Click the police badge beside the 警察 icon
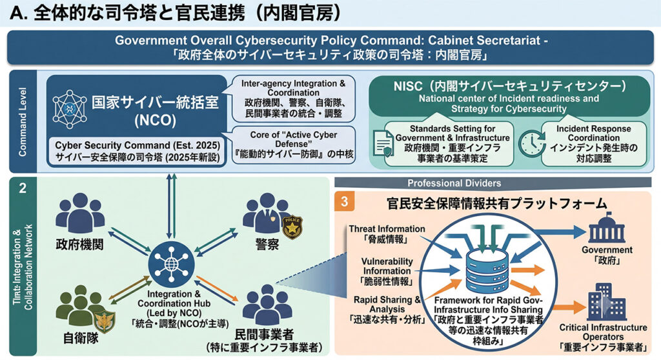[292, 227]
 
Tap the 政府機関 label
[79, 245]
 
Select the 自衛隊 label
[81, 339]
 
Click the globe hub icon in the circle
[171, 264]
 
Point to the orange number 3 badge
[345, 202]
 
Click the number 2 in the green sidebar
[23, 188]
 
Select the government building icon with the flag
[607, 228]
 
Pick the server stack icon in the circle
[487, 269]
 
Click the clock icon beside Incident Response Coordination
[531, 143]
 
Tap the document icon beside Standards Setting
[383, 143]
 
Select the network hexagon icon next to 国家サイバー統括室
[70, 109]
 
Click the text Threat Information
[387, 229]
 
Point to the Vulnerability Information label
[387, 266]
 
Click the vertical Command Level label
[23, 122]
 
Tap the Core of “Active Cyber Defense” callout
[294, 145]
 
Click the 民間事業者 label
[264, 334]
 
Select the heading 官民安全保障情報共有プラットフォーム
[496, 203]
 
